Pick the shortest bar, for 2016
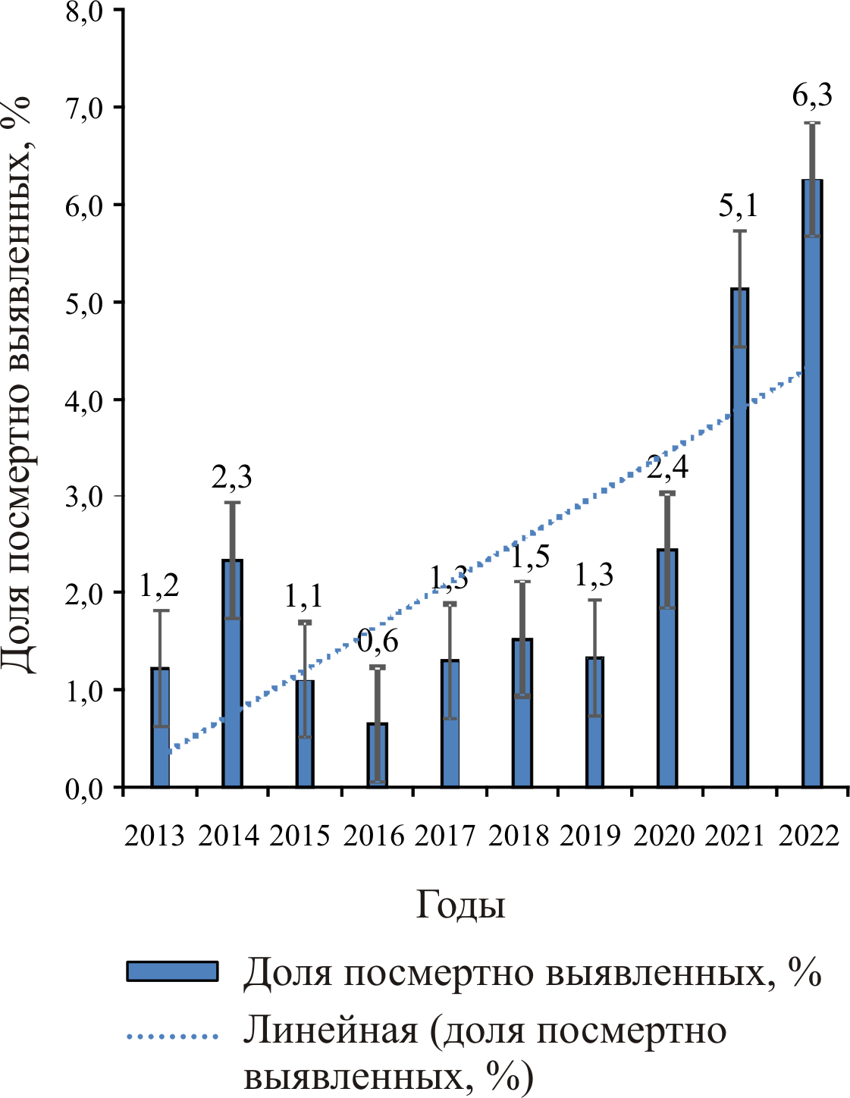point(377,755)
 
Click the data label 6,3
point(812,96)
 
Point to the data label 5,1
point(739,205)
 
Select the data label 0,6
point(378,642)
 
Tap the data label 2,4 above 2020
point(667,466)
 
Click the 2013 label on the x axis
point(154,836)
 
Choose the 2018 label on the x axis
point(518,836)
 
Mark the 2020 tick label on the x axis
point(663,836)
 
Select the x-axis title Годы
point(460,905)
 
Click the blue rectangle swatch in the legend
point(172,971)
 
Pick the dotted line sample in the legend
point(172,1035)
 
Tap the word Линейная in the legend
point(331,1031)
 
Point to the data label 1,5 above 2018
point(529,557)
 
